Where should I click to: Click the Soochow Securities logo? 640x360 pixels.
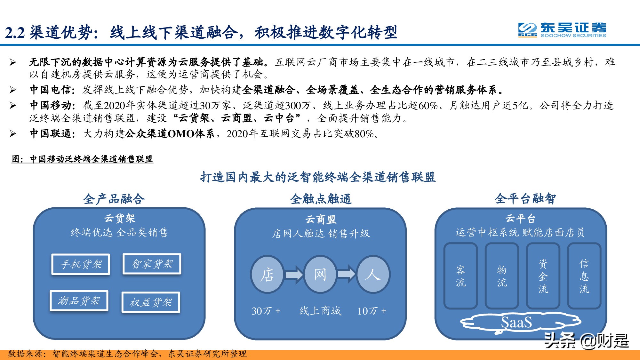(x=562, y=30)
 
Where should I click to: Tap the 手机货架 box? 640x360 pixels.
(x=81, y=264)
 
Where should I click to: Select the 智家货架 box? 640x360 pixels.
(x=152, y=264)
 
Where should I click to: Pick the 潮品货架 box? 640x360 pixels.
(x=79, y=301)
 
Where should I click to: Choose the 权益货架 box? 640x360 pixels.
(x=151, y=302)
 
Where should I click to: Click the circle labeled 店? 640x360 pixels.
(x=267, y=275)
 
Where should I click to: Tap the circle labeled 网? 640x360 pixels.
(x=320, y=275)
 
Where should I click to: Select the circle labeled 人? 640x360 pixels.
(x=373, y=275)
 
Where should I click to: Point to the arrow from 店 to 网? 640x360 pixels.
(x=294, y=275)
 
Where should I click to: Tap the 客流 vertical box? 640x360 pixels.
(x=460, y=276)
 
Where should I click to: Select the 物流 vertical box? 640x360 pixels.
(x=502, y=276)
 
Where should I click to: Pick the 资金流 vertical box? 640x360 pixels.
(x=543, y=276)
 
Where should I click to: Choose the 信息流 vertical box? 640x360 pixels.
(x=584, y=276)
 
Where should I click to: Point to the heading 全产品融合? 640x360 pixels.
(x=114, y=199)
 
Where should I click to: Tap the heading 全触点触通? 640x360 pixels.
(x=321, y=199)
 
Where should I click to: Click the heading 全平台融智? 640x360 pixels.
(x=525, y=199)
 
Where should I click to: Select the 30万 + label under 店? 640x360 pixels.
(x=266, y=311)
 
